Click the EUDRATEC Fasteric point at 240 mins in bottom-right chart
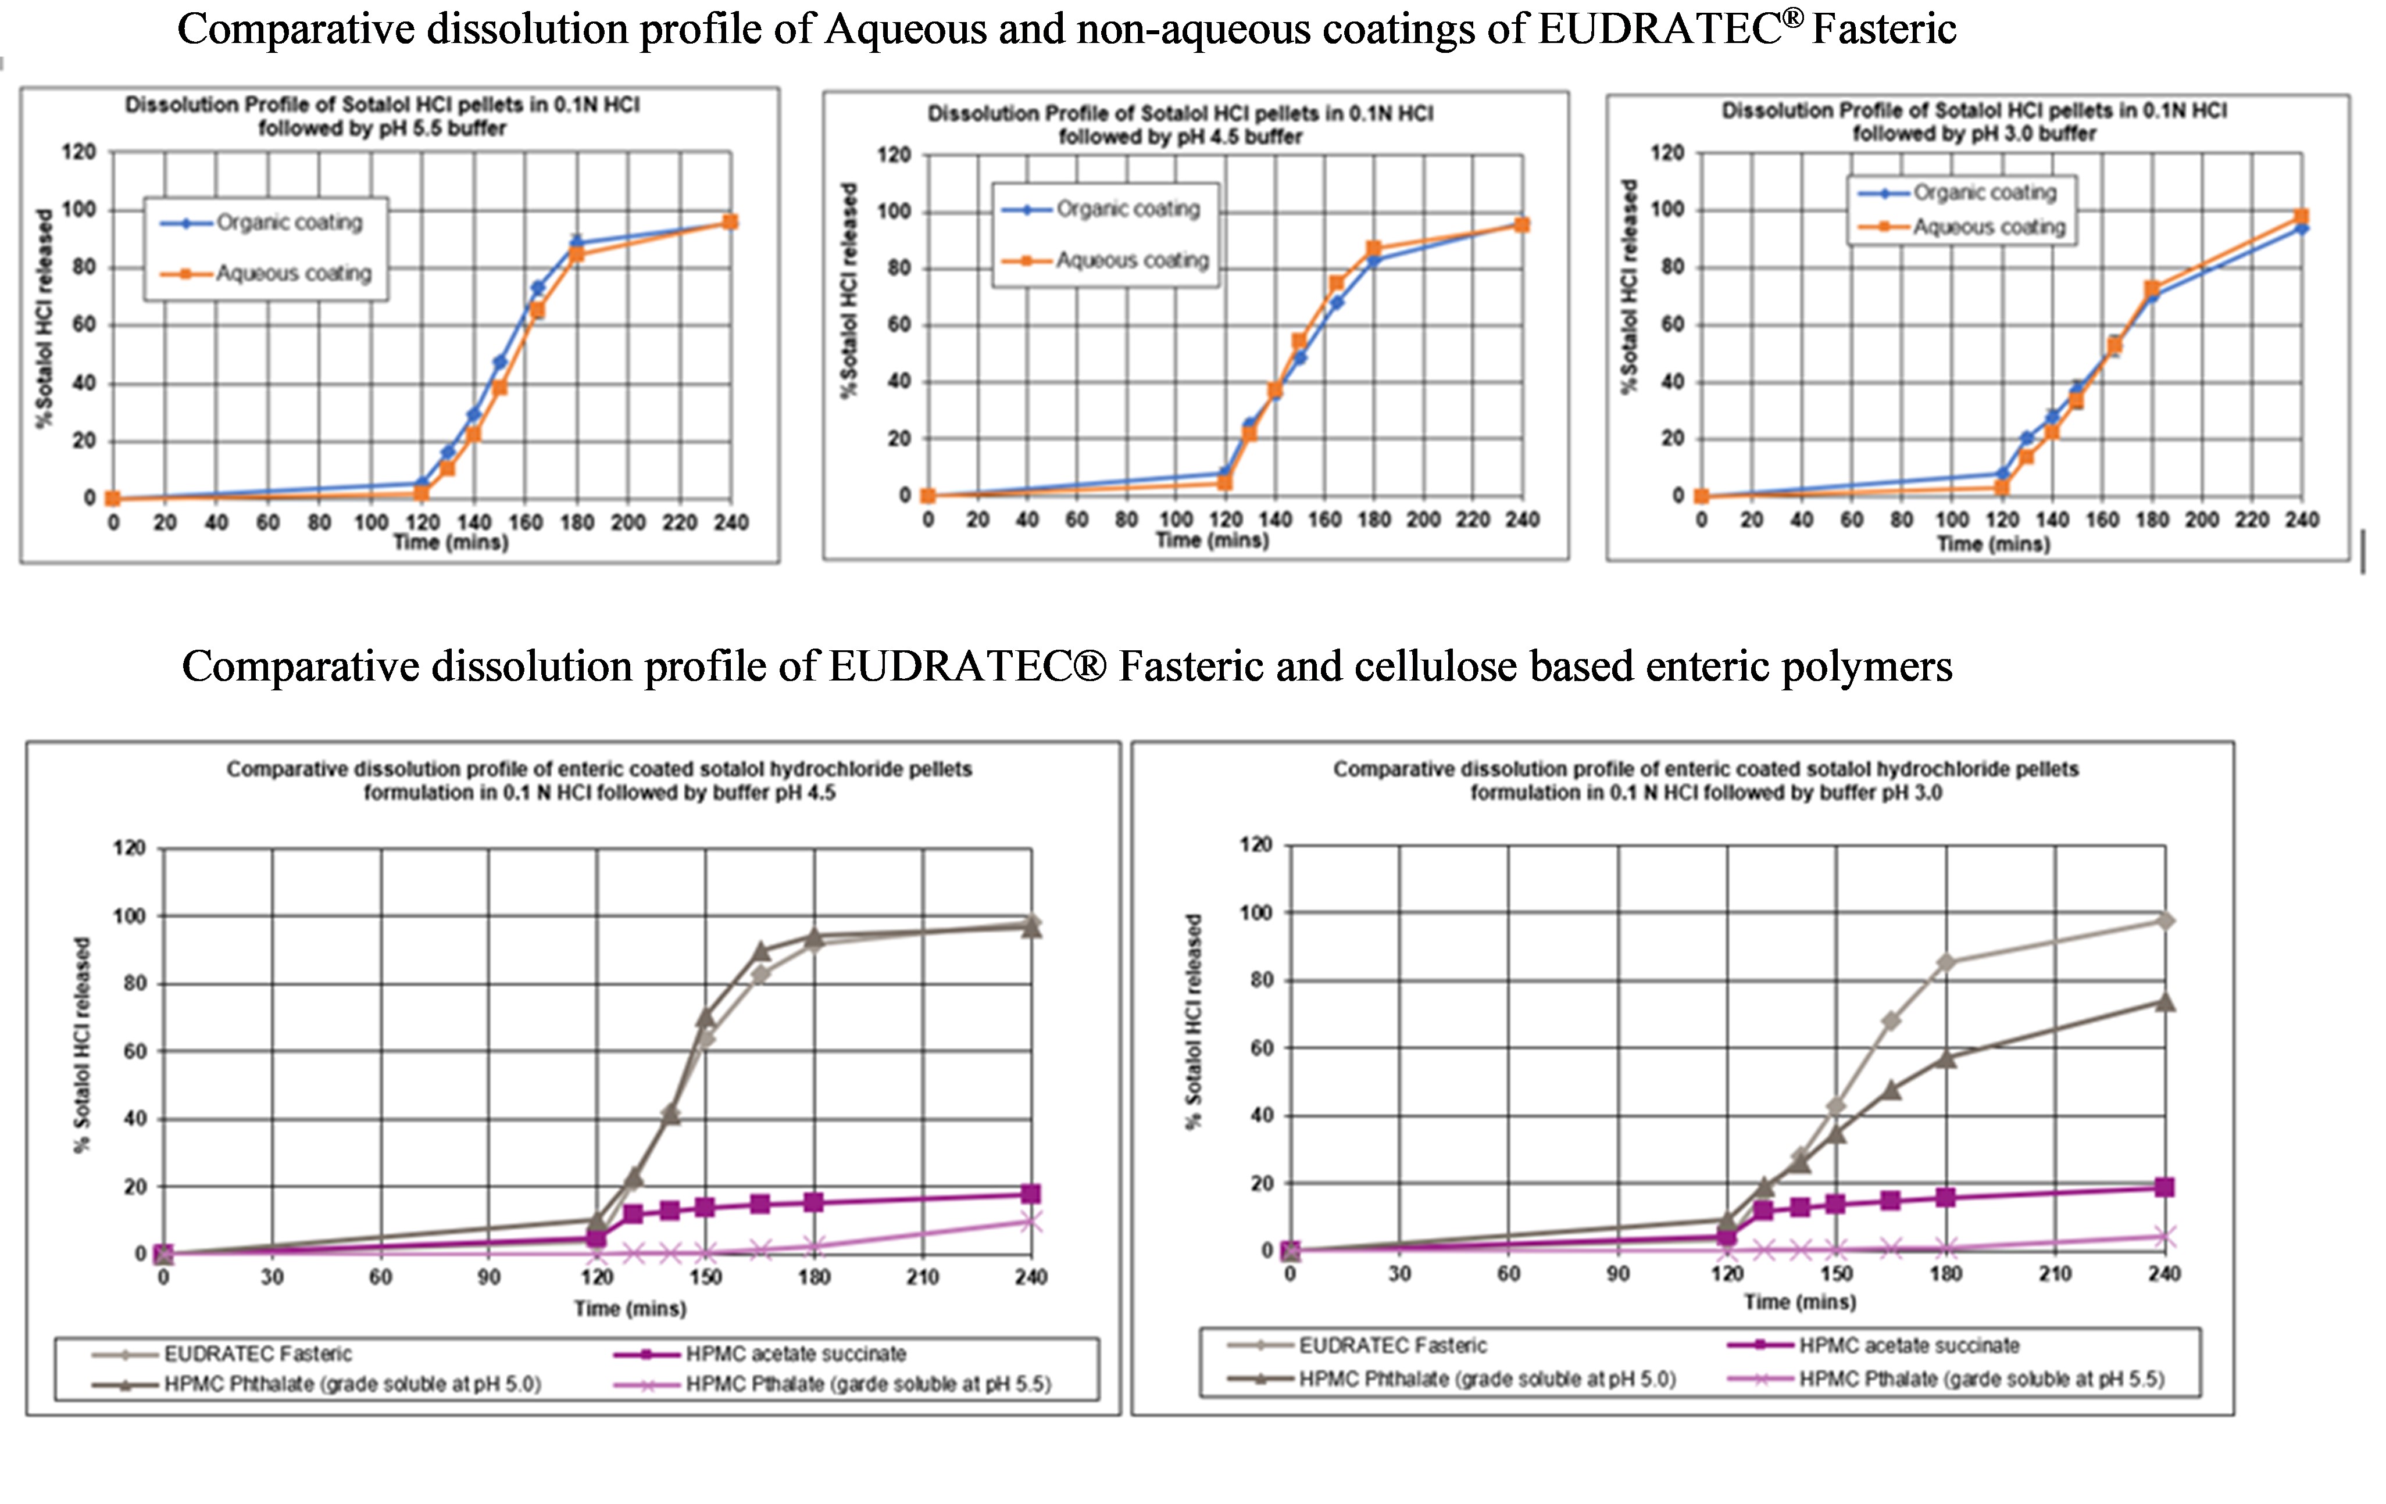tap(2165, 921)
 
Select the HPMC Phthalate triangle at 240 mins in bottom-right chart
tap(2165, 1002)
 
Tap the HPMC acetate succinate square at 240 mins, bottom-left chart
tap(1030, 1193)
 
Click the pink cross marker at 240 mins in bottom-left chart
tap(1030, 1222)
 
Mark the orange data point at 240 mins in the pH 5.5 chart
tap(729, 222)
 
